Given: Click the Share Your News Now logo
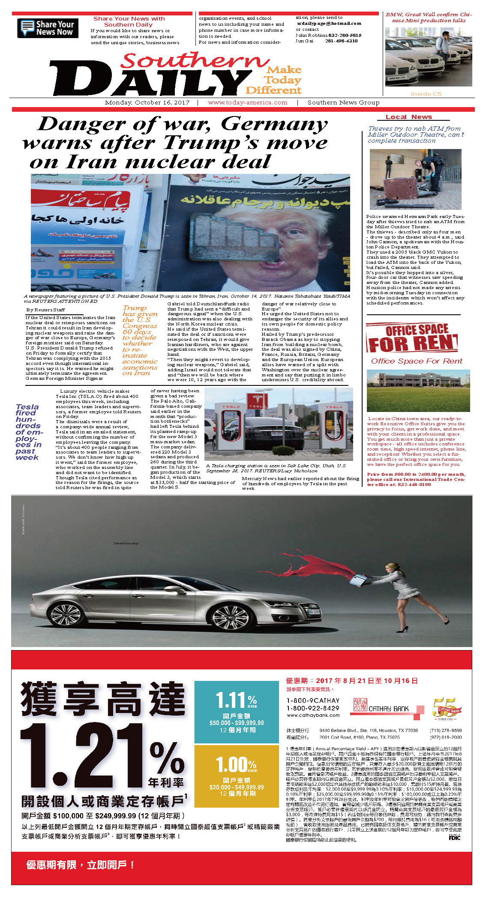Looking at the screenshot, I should pos(48,28).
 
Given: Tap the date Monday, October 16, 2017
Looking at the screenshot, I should pos(147,103).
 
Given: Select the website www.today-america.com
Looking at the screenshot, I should pos(247,103).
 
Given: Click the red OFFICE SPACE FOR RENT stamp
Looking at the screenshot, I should pos(412,338).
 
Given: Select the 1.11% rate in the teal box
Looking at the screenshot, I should pos(236,701).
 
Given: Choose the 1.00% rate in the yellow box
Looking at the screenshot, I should pos(236,765).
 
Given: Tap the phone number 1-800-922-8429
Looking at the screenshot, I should pos(313,708).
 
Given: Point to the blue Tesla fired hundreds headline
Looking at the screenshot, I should pos(28,432).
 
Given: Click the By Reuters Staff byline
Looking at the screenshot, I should pos(46,310).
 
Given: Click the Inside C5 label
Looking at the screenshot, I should pos(426,94).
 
